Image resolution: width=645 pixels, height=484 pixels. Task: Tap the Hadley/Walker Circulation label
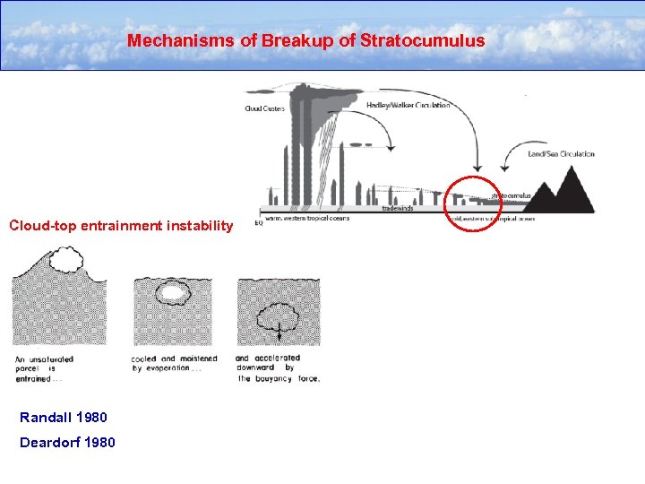pos(408,105)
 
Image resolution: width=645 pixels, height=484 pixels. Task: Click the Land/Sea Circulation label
pos(561,154)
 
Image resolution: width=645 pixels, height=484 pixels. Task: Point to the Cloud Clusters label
pos(265,109)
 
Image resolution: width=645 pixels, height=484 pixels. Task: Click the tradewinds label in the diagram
pos(398,207)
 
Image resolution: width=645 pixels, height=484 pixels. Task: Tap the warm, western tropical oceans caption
pos(305,216)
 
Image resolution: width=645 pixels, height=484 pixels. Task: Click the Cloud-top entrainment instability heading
pos(121,226)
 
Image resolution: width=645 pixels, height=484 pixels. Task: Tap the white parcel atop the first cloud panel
pos(64,260)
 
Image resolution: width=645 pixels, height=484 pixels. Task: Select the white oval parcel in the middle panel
pos(172,292)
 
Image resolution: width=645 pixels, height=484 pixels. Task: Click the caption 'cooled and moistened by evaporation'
pos(172,363)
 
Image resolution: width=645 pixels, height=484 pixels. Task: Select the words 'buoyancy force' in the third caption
pos(287,378)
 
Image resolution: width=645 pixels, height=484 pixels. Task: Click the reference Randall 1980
pos(64,417)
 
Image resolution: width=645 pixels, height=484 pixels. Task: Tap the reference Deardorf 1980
pos(67,442)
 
